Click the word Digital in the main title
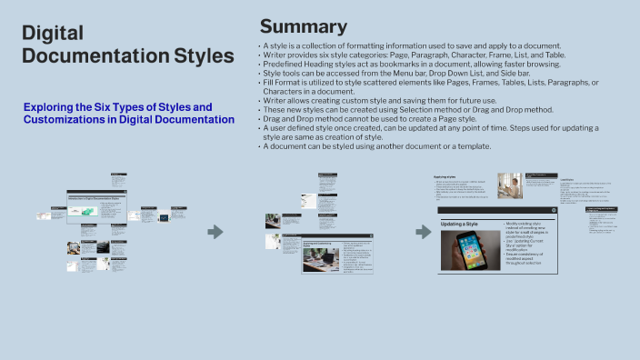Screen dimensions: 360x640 point(54,35)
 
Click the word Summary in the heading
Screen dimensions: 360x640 point(303,25)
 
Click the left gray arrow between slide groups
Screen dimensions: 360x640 point(215,233)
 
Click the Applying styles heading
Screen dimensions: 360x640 point(445,176)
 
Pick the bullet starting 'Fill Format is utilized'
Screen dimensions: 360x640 point(427,83)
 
